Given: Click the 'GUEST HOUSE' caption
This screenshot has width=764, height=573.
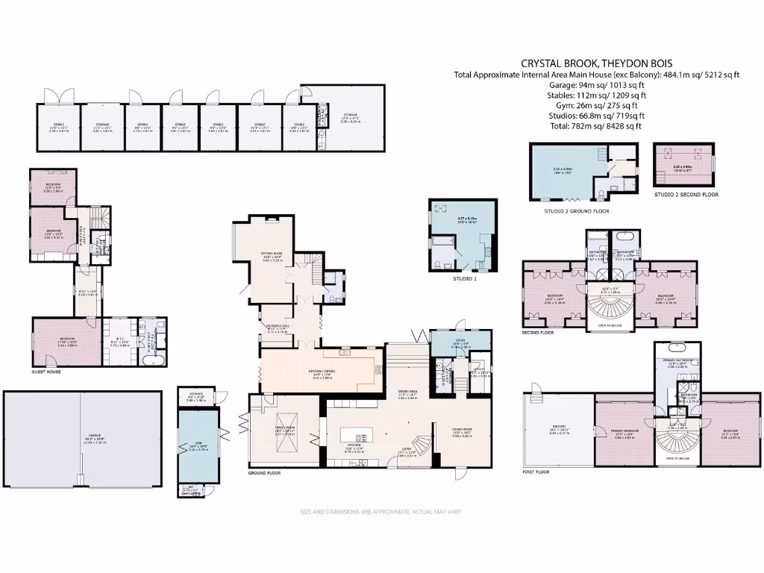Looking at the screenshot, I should (x=46, y=371).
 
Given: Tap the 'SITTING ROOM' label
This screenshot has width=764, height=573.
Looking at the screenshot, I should (x=273, y=256).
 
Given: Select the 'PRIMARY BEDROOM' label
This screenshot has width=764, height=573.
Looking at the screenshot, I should (x=624, y=433).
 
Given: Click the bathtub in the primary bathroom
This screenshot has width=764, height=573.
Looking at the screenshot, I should (x=679, y=347).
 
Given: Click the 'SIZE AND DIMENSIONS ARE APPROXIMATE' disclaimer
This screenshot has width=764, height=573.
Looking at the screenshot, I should (x=382, y=512).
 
